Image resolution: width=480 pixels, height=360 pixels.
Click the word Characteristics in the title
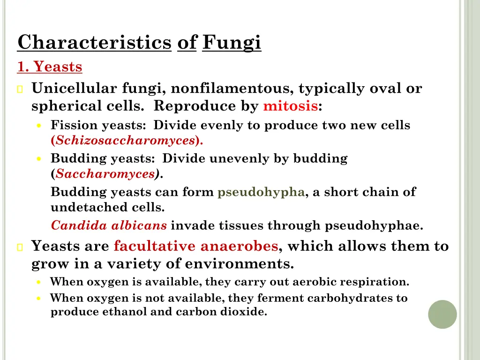tap(94, 43)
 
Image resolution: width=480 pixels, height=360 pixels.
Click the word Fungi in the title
tap(232, 43)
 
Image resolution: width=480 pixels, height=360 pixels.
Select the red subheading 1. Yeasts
tap(50, 67)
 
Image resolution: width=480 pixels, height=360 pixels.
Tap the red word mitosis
tap(290, 106)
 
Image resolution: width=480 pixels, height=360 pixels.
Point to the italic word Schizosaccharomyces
tap(125, 140)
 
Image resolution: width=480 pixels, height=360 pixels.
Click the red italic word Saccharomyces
tap(105, 174)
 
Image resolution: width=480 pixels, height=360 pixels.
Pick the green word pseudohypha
tap(261, 192)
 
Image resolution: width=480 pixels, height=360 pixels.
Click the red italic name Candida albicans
tap(109, 225)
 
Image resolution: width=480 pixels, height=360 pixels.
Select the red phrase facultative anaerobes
tap(196, 246)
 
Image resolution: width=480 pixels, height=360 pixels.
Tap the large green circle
tap(442, 314)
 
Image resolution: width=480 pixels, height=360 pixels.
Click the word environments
tap(239, 264)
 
